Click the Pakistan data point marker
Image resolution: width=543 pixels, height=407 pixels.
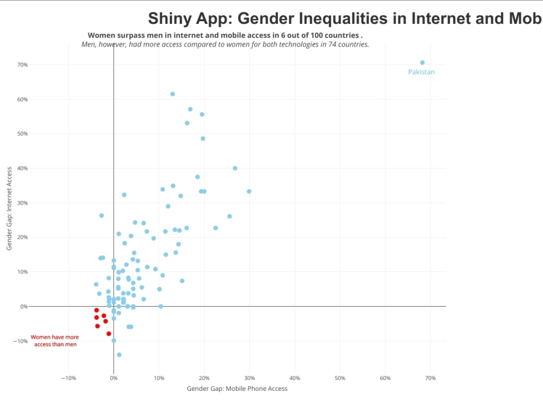tap(422, 63)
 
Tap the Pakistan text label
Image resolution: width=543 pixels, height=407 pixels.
tap(421, 72)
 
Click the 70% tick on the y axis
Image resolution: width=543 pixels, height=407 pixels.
tap(22, 65)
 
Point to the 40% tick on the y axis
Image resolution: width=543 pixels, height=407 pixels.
tap(22, 169)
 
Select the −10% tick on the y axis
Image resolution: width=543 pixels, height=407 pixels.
tap(21, 341)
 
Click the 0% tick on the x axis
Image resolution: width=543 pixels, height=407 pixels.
tap(113, 378)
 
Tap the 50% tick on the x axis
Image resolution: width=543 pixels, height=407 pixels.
tap(340, 378)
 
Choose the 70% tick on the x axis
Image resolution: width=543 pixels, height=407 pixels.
tap(431, 378)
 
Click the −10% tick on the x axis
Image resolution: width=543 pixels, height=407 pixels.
tap(68, 378)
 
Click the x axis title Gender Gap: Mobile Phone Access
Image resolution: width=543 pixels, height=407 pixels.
tap(237, 389)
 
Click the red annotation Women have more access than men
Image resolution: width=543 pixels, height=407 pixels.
tap(55, 341)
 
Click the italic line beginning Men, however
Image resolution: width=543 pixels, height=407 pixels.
tap(225, 44)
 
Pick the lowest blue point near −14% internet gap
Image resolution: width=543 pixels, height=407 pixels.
tap(119, 355)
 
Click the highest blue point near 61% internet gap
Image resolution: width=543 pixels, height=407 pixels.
tap(173, 94)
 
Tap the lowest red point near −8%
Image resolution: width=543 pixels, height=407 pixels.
tap(109, 334)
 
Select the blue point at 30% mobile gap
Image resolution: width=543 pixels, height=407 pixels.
tap(249, 192)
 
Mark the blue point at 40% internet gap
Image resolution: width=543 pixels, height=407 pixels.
tap(235, 168)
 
